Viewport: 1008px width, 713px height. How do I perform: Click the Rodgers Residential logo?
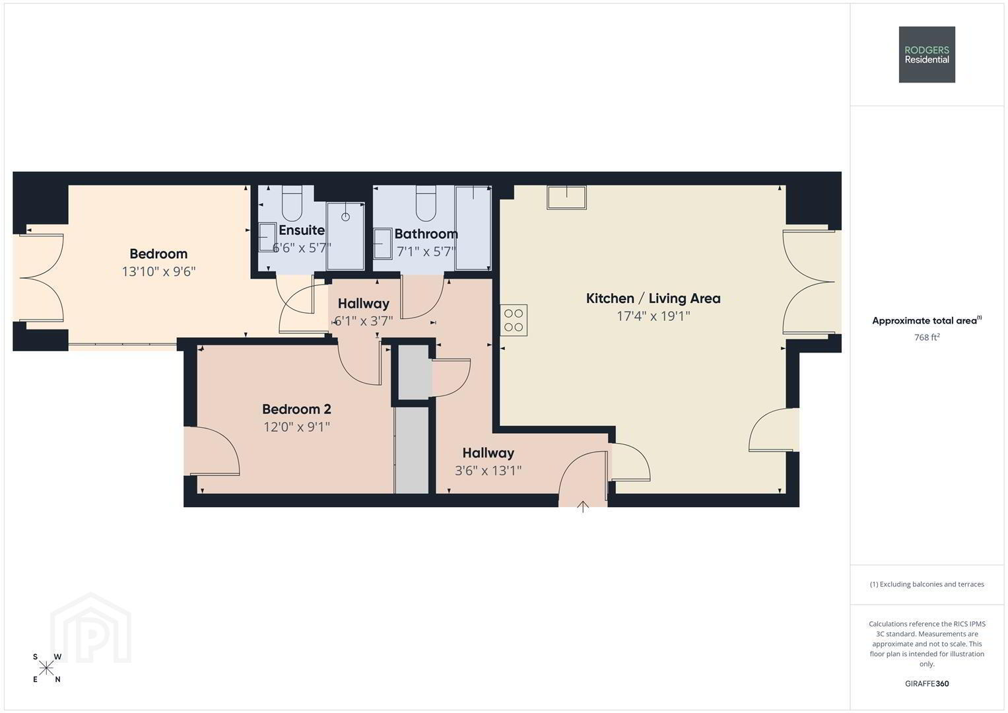(927, 54)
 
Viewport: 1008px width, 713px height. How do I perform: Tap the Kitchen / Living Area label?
(653, 298)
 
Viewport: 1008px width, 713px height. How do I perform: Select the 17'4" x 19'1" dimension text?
(653, 316)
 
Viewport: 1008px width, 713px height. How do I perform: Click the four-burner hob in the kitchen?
(514, 320)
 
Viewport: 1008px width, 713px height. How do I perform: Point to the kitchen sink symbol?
(566, 197)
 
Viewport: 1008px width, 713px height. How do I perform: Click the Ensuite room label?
(302, 230)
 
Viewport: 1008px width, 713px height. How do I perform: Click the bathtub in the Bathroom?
(473, 228)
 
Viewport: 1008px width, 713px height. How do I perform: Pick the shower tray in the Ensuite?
(345, 236)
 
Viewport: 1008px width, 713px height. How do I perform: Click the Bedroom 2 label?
(296, 409)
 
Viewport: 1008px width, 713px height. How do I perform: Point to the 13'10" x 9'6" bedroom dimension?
(159, 272)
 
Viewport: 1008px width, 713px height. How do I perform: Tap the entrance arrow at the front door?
(583, 507)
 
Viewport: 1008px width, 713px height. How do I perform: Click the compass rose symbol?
(46, 668)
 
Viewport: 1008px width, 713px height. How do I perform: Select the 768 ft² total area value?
(927, 337)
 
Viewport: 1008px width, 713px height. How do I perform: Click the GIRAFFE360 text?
(927, 684)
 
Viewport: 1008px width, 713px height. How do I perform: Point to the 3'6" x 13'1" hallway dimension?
(488, 471)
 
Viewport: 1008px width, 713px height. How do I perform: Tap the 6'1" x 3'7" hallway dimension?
(364, 322)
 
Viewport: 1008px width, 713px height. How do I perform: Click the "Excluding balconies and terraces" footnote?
(927, 584)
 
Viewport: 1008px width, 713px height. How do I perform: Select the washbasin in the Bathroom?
(382, 244)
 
